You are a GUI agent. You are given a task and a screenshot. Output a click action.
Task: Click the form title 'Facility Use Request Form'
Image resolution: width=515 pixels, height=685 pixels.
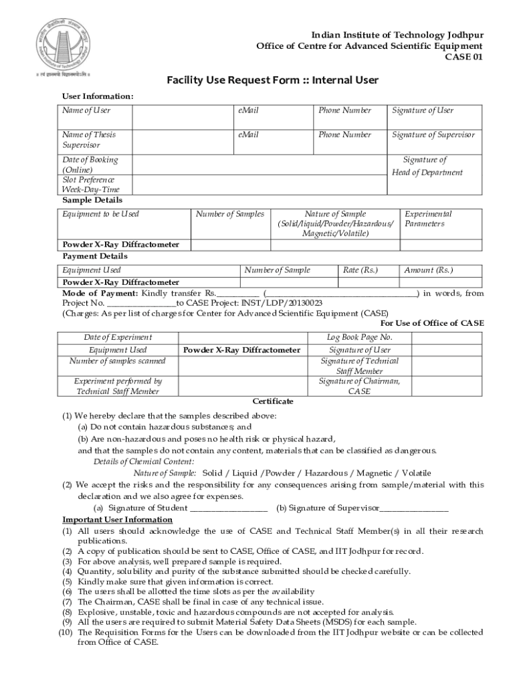[273, 81]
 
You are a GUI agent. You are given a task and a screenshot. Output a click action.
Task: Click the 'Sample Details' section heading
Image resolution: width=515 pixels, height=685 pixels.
[92, 200]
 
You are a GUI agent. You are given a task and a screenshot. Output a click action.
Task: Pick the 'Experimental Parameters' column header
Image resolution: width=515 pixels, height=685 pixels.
[429, 219]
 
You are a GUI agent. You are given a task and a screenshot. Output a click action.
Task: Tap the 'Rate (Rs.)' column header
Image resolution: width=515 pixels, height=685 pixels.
[360, 270]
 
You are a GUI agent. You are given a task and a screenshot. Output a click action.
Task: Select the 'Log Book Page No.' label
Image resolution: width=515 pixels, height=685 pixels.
[359, 337]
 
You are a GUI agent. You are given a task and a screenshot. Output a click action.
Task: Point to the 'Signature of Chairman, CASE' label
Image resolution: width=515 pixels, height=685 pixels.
[359, 387]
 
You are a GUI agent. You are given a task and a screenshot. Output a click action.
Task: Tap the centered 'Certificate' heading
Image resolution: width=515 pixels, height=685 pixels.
[273, 401]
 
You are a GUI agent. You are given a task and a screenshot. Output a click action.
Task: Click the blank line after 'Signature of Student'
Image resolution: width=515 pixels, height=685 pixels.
[229, 508]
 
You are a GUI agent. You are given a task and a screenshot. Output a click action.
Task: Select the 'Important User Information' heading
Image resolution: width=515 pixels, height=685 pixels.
[118, 520]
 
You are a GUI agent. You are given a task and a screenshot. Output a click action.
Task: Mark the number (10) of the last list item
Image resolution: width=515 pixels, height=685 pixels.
[66, 631]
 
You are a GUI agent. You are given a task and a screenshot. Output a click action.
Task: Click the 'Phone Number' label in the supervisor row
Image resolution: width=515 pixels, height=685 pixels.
[344, 135]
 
